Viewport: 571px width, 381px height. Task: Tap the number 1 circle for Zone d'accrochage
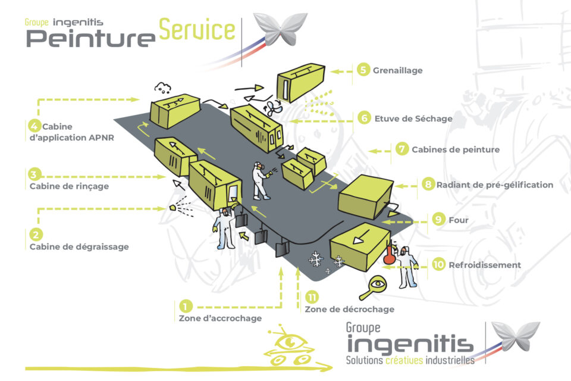pos(186,307)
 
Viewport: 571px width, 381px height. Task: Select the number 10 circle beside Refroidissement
pos(439,264)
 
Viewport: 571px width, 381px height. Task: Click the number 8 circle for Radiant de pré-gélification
pos(428,185)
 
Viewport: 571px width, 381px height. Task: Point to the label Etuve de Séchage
pos(413,118)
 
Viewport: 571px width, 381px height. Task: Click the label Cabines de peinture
pos(456,149)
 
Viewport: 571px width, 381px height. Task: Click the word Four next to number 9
pos(459,220)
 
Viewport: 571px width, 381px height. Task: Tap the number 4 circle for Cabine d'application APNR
pos(34,126)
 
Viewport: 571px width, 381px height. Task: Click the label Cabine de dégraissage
pos(79,246)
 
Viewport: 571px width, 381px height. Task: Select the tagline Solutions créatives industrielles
pos(410,360)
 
